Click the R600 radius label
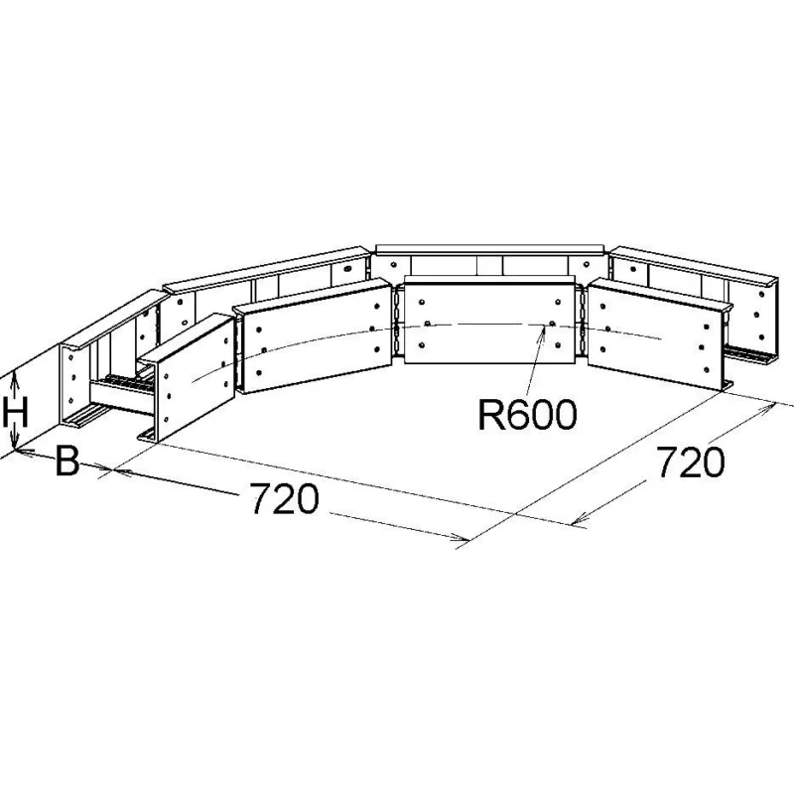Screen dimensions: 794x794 tap(527, 415)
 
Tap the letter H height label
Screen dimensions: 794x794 tap(15, 412)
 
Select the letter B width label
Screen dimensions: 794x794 tap(66, 461)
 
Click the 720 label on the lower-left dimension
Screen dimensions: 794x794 tap(285, 498)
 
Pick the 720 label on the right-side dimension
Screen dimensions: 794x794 tap(691, 463)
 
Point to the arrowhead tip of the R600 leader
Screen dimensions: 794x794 tap(545, 326)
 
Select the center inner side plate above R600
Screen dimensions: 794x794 tap(489, 324)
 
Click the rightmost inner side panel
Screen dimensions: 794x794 tap(659, 335)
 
